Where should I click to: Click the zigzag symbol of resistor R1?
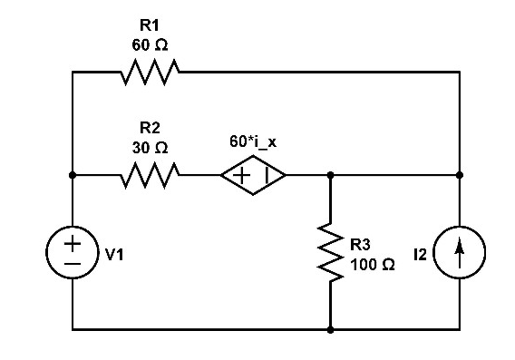[150, 71]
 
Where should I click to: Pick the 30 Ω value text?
[150, 145]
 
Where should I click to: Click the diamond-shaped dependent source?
[253, 174]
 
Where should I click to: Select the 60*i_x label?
[253, 143]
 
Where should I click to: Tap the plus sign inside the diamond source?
[242, 174]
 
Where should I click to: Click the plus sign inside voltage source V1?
[73, 243]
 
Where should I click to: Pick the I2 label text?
[419, 255]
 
